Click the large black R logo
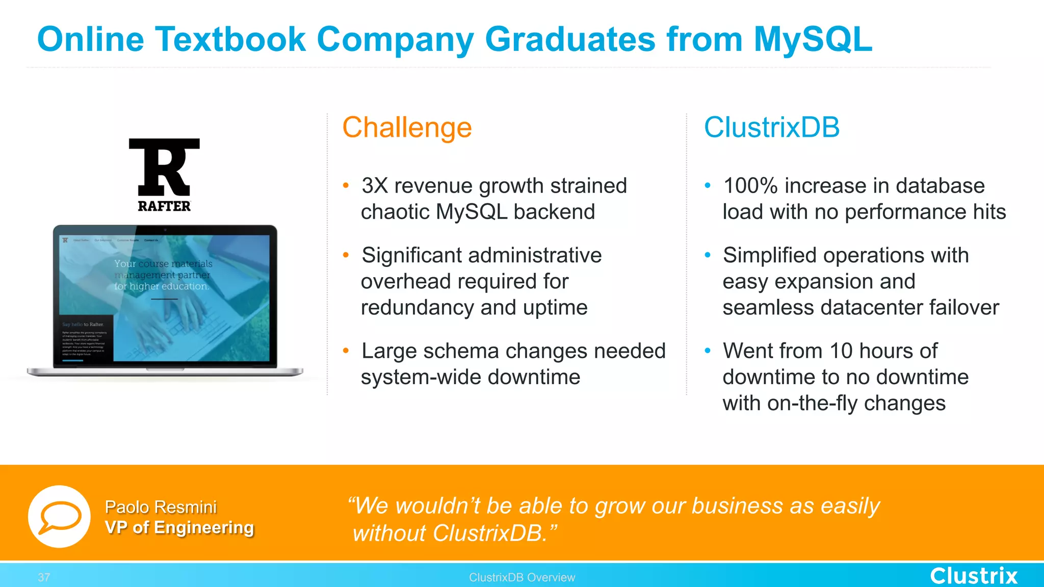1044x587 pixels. [164, 167]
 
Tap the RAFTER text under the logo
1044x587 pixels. [164, 206]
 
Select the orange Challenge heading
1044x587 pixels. [407, 127]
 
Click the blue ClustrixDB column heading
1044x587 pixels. [771, 127]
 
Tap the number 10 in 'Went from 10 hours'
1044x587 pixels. [841, 351]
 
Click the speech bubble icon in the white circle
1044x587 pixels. [60, 516]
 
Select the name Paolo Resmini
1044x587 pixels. [161, 507]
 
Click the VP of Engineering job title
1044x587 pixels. [179, 527]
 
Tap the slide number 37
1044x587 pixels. [44, 577]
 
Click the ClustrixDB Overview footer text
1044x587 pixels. [522, 577]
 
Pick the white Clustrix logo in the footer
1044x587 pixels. [974, 576]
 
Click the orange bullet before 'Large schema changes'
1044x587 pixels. [346, 351]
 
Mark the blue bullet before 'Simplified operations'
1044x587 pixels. [708, 255]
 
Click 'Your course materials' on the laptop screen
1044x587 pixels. [163, 264]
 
